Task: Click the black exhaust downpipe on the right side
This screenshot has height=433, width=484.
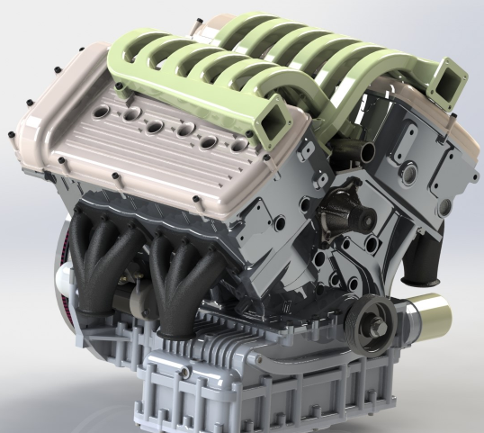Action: (x=419, y=261)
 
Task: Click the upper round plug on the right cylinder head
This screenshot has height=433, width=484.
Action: (x=410, y=169)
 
